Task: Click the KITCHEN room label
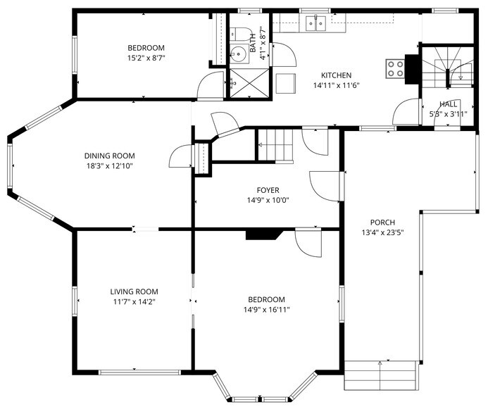point(336,75)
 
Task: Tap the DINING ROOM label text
point(109,156)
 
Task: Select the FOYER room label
point(268,190)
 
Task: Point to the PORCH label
point(382,222)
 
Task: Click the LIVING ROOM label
point(134,291)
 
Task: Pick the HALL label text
point(448,103)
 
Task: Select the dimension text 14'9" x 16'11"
point(267,309)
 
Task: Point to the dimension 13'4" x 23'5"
point(382,232)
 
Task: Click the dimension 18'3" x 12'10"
point(109,166)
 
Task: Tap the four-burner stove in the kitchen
point(395,68)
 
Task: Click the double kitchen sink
point(315,24)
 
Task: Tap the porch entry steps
point(380,375)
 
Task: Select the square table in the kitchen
point(285,82)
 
